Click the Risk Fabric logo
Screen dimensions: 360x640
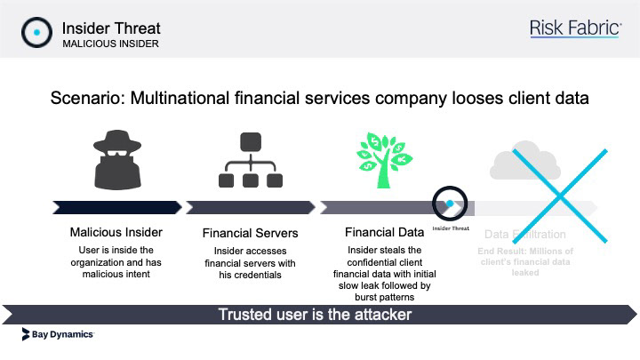click(574, 29)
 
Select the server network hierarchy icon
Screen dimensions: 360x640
click(250, 159)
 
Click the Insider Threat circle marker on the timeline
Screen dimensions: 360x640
click(449, 205)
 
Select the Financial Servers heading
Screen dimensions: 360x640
click(250, 234)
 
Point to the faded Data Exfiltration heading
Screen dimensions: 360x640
click(524, 235)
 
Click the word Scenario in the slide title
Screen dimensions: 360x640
click(86, 98)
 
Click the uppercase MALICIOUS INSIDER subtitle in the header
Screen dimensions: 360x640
click(111, 44)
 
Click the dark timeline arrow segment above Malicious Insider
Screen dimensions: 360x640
click(116, 207)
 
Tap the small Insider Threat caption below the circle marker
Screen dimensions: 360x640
click(450, 228)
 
